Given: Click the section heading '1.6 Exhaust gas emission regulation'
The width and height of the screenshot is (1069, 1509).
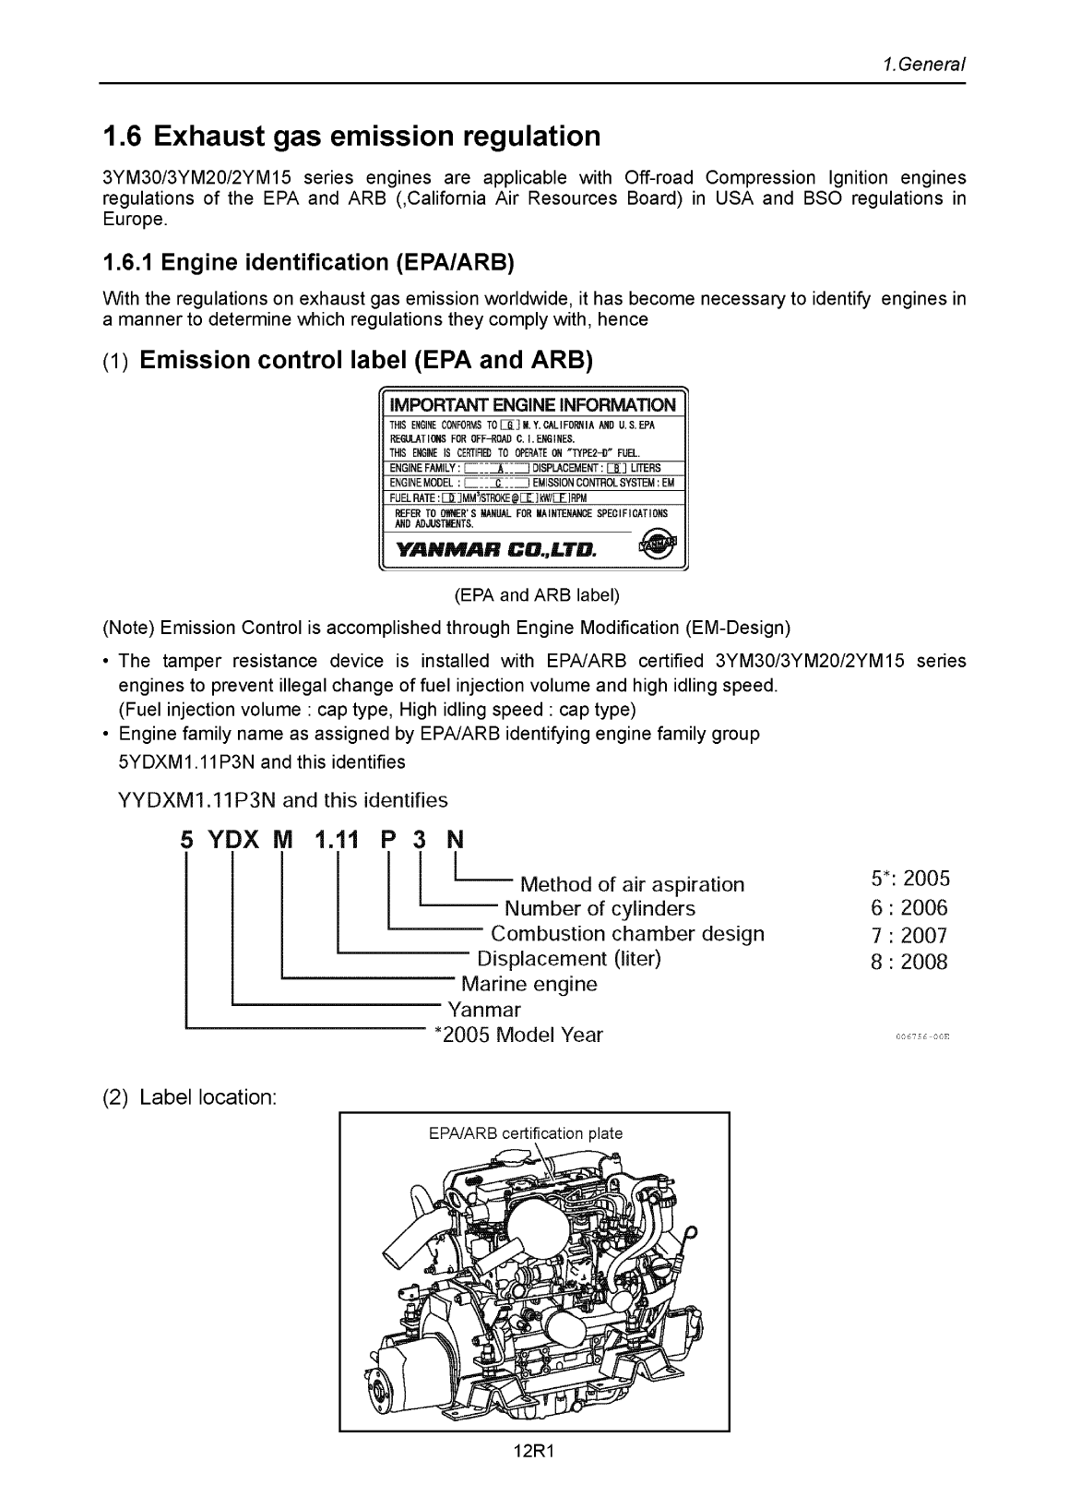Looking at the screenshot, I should pos(350,137).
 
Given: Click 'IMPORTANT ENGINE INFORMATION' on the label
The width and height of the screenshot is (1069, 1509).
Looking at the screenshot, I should pos(533,405).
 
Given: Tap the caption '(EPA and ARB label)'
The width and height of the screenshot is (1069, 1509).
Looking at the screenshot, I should pos(534,595).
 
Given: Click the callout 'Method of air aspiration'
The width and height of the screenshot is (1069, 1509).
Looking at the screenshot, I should pos(632,884).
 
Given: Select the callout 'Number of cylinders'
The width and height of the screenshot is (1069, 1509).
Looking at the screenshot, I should pos(600,908).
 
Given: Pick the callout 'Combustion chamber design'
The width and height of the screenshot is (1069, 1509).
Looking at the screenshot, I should pos(627,933).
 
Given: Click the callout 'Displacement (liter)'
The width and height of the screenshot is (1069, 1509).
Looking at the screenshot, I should pos(569,958).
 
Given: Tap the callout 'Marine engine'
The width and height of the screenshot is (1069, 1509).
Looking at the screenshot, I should pos(529,984).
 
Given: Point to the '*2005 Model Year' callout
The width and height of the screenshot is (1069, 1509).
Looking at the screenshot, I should pos(517,1035).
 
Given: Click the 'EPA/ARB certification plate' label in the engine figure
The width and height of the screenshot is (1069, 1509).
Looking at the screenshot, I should pos(526,1133).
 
